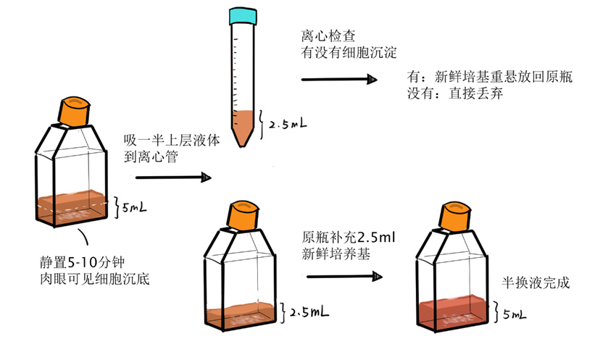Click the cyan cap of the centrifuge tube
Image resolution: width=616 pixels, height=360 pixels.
244,16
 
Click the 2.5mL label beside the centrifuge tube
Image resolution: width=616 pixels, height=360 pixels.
288,124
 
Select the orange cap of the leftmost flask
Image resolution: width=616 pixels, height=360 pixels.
74,112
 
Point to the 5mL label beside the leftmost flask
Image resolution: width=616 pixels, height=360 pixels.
134,207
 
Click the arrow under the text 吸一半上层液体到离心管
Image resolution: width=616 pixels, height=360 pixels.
173,177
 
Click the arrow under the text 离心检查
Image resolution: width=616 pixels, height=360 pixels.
339,79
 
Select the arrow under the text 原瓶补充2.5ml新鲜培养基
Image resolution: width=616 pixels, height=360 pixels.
344,277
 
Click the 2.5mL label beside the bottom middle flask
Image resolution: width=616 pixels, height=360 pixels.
309,312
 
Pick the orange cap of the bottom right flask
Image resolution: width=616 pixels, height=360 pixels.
455,217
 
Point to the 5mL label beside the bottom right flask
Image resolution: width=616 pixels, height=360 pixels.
515,314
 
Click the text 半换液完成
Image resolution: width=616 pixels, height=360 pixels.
536,282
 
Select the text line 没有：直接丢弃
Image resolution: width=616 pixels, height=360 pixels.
455,93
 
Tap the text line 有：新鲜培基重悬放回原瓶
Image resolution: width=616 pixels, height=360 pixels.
490,77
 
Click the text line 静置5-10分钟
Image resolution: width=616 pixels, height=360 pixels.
83,262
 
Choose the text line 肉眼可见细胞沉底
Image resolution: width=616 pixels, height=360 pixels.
95,279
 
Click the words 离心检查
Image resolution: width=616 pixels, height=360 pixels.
328,35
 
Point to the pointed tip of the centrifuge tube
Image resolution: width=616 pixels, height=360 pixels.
243,146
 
